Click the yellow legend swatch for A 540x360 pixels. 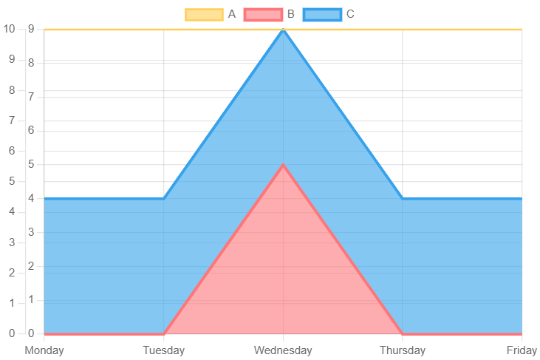[204, 14]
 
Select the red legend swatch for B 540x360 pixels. [263, 14]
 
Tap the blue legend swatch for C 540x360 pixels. [322, 14]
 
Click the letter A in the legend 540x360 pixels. [232, 14]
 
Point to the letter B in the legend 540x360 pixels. [290, 14]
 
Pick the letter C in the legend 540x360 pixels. [350, 14]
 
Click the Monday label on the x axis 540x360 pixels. [44, 350]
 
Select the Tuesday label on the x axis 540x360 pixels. [163, 350]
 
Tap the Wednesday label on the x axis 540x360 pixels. [283, 350]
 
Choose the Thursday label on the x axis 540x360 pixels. [403, 350]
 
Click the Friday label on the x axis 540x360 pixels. [522, 350]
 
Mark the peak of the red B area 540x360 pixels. [283, 163]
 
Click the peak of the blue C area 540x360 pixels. [283, 30]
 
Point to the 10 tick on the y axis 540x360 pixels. [9, 29]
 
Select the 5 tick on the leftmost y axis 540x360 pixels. [12, 181]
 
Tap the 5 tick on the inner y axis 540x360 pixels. [32, 163]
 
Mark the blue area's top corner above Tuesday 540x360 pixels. [163, 197]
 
